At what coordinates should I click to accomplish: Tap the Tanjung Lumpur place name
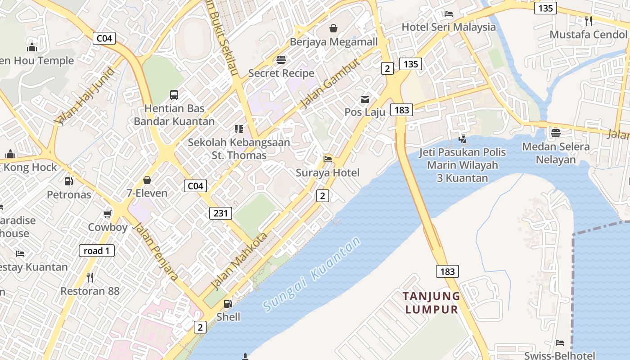click(432, 302)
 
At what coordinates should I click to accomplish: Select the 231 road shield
click(220, 213)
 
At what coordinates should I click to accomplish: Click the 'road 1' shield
click(97, 251)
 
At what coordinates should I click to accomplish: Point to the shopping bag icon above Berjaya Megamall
click(333, 28)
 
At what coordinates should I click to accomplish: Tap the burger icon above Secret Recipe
click(281, 60)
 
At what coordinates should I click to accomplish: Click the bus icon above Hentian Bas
click(174, 94)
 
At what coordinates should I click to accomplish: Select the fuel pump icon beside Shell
click(228, 304)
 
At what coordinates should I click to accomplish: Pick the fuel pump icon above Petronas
click(69, 181)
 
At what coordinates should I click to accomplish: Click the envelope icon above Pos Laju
click(365, 99)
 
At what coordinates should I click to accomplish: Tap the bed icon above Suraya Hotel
click(328, 159)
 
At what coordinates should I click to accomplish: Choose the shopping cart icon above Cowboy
click(108, 214)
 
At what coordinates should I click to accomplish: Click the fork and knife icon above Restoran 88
click(90, 277)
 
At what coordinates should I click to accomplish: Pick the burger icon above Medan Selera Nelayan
click(556, 133)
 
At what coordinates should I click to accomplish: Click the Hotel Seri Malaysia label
click(449, 27)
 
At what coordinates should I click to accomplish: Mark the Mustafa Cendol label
click(588, 35)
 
